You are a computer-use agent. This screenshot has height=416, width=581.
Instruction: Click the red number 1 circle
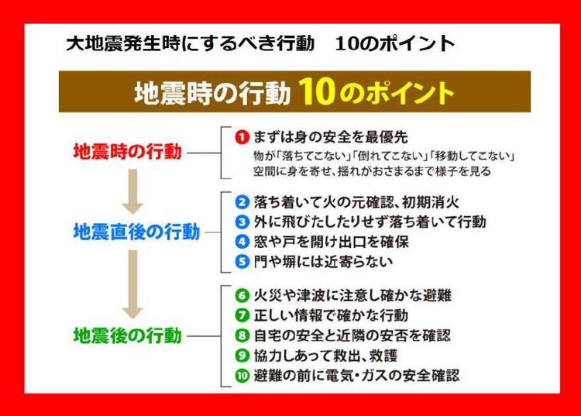tap(242, 137)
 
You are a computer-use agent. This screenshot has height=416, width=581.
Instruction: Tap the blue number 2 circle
tap(242, 202)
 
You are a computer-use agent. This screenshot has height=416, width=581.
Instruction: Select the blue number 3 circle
tap(242, 222)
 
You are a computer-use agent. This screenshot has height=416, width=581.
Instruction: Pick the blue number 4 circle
tap(242, 242)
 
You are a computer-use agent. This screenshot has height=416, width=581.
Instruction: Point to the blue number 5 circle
tap(242, 262)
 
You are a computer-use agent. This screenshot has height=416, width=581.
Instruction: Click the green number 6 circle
tap(242, 296)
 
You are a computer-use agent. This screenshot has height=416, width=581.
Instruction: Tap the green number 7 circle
tap(242, 315)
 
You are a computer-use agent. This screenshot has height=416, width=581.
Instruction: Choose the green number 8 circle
tap(242, 335)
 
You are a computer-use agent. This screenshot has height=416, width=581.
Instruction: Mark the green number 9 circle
tap(242, 356)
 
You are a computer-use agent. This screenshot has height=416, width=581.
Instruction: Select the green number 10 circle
tap(242, 376)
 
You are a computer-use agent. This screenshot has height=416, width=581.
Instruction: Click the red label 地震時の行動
tap(128, 152)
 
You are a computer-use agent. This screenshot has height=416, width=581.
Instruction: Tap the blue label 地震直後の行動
tap(136, 232)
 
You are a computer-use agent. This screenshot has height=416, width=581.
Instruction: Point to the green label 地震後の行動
tap(128, 335)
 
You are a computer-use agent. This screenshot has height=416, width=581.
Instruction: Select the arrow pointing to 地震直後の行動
tap(132, 191)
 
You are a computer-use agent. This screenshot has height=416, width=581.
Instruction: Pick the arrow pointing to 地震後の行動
tap(132, 284)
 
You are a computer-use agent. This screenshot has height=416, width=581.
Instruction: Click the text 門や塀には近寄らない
tap(323, 262)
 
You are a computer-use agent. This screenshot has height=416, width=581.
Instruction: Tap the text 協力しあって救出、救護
tap(325, 356)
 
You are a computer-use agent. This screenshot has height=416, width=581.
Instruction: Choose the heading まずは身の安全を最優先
tap(331, 137)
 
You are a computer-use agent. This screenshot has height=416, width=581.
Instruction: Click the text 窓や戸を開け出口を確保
tap(332, 242)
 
